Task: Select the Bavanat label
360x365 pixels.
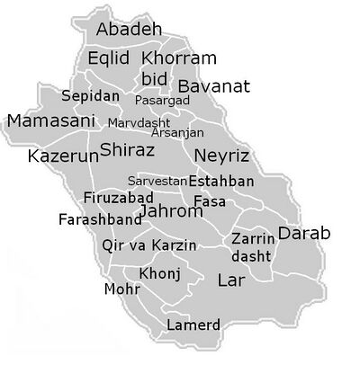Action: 213,87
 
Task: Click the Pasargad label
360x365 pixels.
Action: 162,101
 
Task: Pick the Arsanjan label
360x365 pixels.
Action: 177,132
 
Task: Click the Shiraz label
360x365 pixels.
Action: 126,148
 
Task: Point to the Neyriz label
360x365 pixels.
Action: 220,154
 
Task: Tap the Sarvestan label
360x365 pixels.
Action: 157,181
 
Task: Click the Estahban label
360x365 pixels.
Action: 221,181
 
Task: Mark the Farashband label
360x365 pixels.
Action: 100,218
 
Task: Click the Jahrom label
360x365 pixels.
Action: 173,212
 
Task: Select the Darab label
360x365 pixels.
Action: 304,233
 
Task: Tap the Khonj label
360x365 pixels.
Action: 160,273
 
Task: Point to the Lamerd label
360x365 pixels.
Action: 193,324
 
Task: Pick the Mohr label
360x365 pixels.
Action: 121,289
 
